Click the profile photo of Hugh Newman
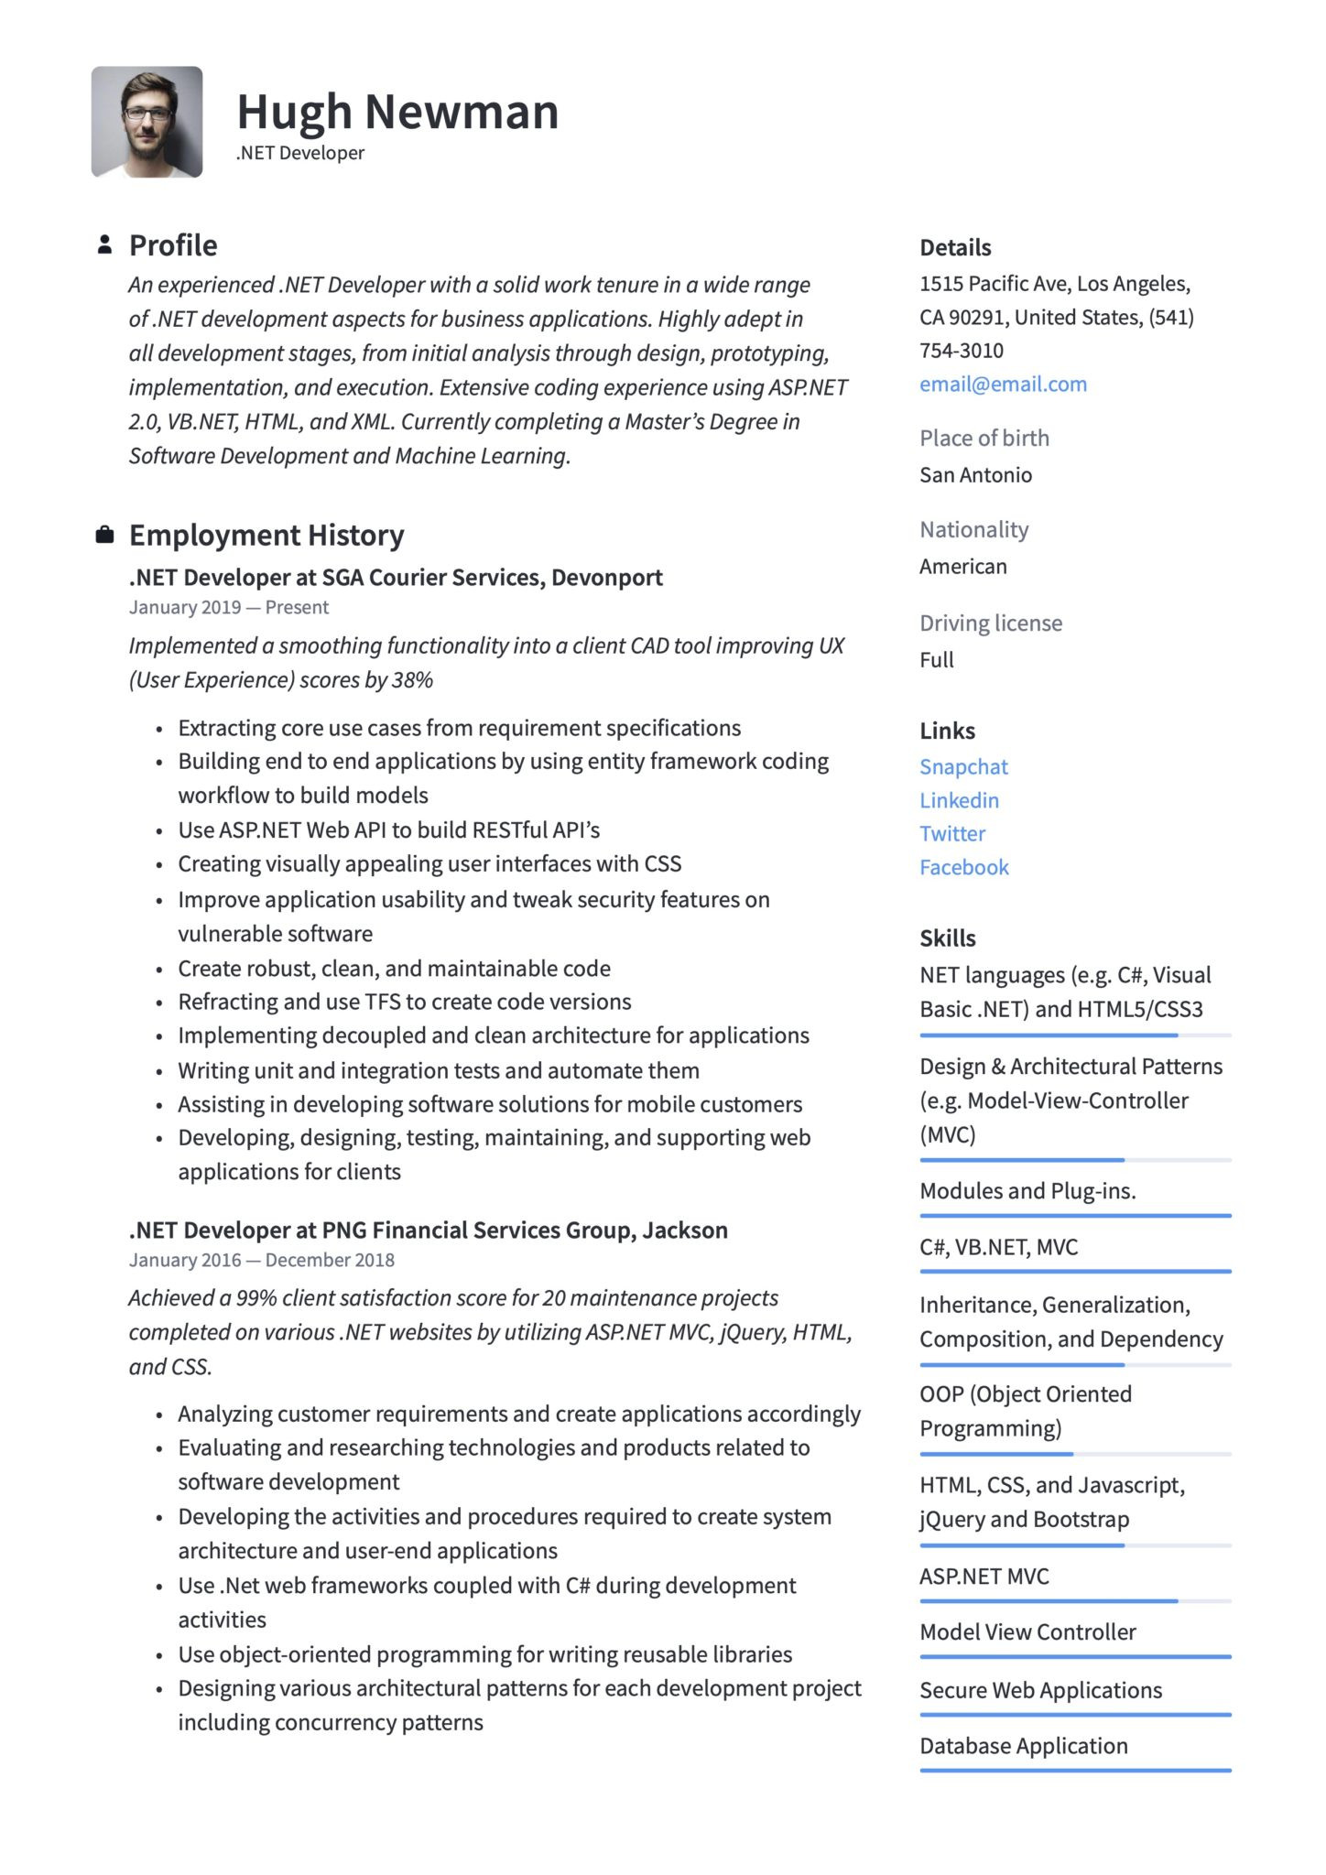tap(147, 121)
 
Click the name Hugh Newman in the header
tap(397, 112)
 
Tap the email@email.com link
tap(1003, 385)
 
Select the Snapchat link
tap(963, 767)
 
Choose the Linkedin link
tap(959, 800)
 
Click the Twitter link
tap(952, 834)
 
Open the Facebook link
tap(963, 868)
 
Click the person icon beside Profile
tap(104, 244)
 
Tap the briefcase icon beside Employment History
tap(104, 535)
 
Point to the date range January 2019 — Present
tap(228, 608)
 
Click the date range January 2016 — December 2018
tap(261, 1261)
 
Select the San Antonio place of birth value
tap(975, 475)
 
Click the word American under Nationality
tap(962, 567)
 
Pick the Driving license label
tap(991, 623)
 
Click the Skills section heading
tap(947, 938)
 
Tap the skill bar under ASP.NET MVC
tap(1075, 1601)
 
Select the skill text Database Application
tap(1023, 1746)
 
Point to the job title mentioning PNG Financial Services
tap(428, 1230)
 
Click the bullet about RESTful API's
tap(388, 830)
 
